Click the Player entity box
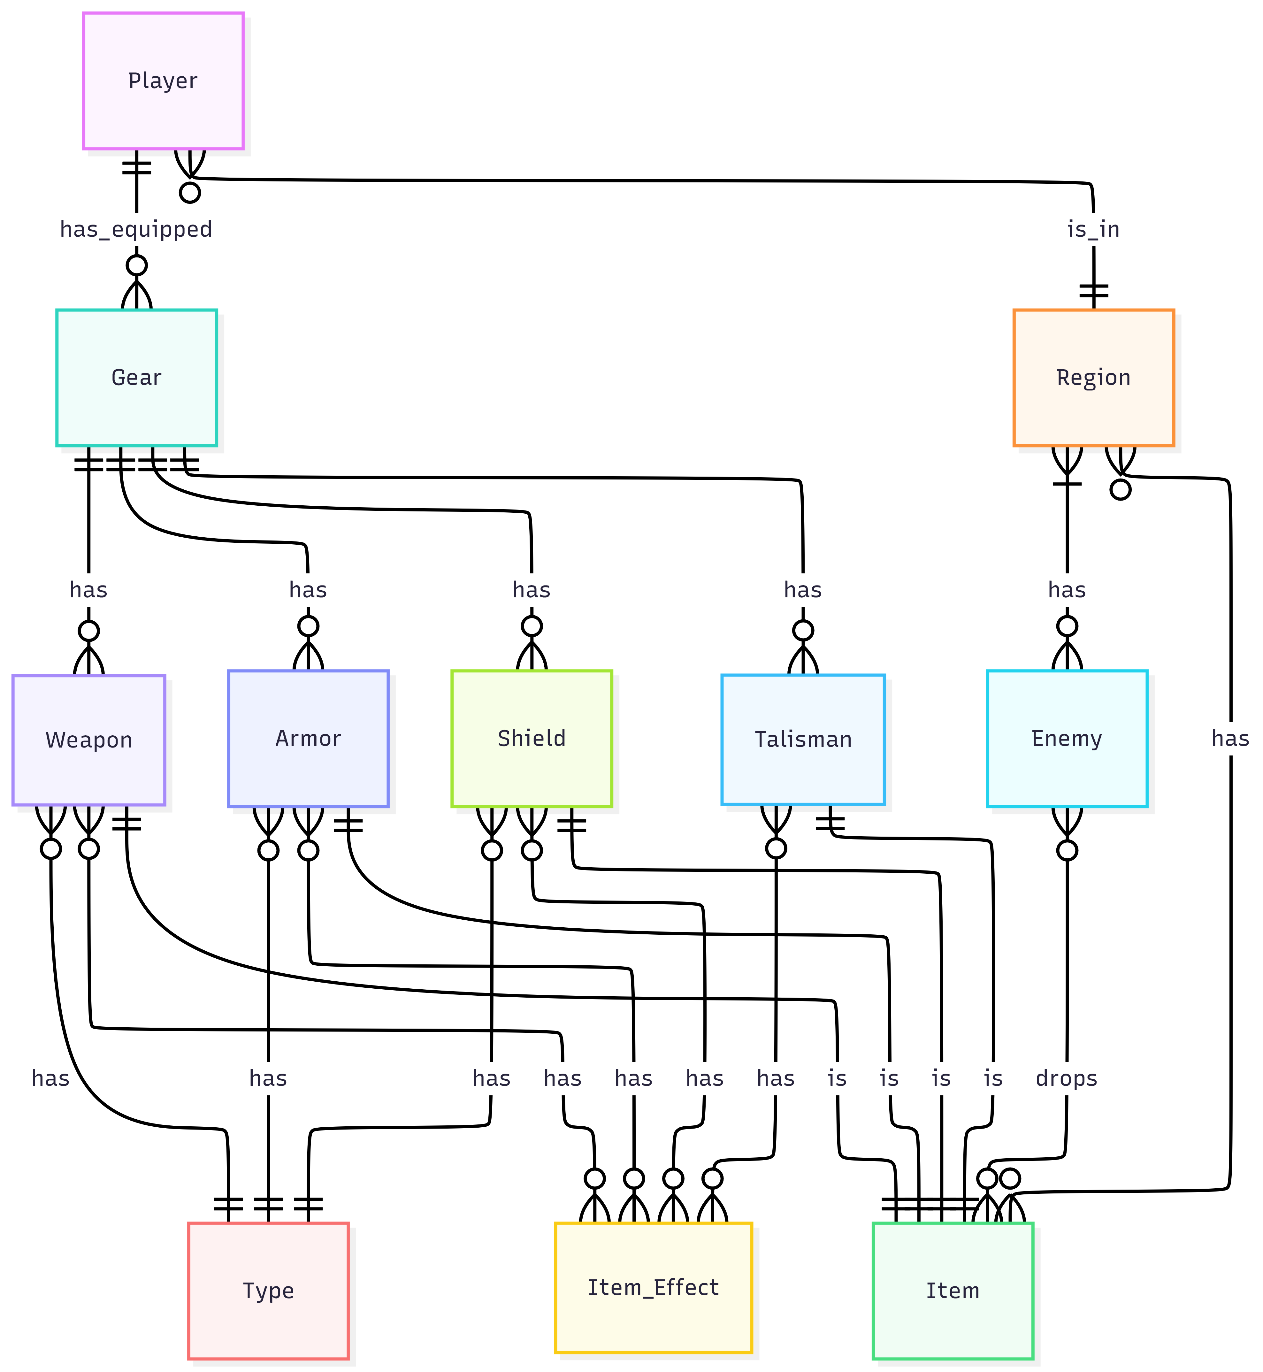tap(163, 81)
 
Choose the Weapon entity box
tap(89, 740)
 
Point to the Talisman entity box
tap(803, 740)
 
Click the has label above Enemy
tap(1067, 590)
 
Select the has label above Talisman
tap(803, 590)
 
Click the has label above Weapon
tap(89, 590)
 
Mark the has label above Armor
tap(308, 590)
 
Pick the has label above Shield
tap(532, 590)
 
